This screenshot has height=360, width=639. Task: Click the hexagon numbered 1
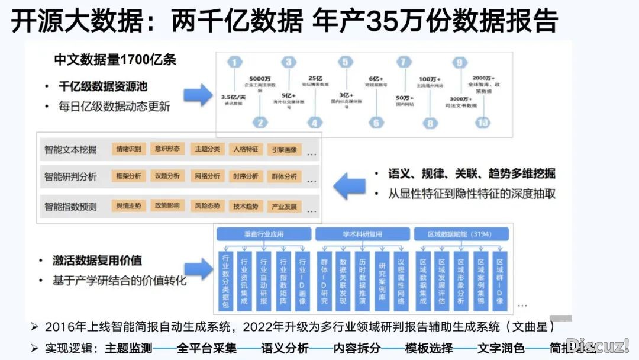click(x=235, y=63)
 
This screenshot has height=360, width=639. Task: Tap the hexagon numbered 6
click(x=375, y=123)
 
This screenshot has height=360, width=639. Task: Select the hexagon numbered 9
click(x=459, y=63)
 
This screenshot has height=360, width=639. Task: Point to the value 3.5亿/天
click(x=233, y=97)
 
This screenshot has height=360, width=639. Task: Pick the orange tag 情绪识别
click(x=129, y=149)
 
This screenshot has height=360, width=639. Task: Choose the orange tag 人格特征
click(x=246, y=149)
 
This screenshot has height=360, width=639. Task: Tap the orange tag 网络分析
click(x=206, y=176)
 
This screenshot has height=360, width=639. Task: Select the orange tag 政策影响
click(x=167, y=206)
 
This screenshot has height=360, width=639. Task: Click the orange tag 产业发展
click(x=285, y=206)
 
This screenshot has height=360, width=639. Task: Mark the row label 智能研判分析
click(x=70, y=176)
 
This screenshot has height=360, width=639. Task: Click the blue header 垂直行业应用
click(x=263, y=233)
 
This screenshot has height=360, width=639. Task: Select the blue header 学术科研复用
click(x=361, y=233)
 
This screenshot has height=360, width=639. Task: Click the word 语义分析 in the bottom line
click(x=281, y=348)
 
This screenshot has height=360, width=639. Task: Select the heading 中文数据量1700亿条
click(x=115, y=60)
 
